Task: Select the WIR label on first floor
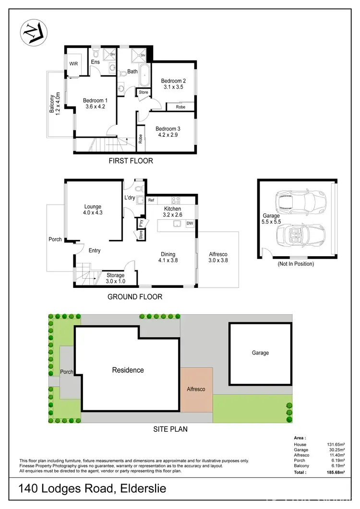point(73,63)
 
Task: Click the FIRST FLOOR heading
point(130,161)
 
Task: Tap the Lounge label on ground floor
point(92,207)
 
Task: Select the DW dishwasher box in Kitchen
point(190,223)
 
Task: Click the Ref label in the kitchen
point(151,200)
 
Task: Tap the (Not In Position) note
point(296,264)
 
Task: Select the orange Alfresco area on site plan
point(196,389)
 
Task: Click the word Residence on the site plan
point(128,370)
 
